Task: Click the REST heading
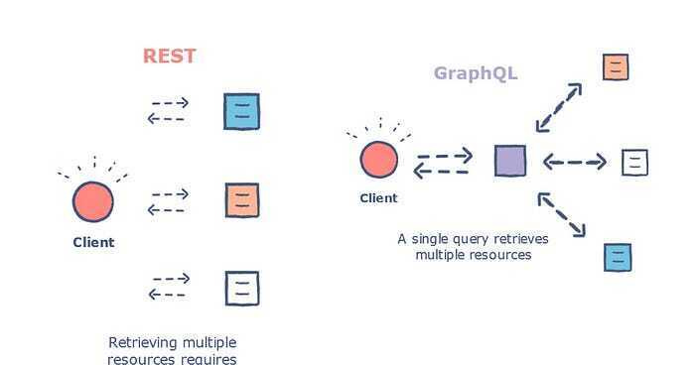pyautogui.click(x=170, y=56)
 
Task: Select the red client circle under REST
pyautogui.click(x=93, y=202)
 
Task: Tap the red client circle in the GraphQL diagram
pyautogui.click(x=378, y=160)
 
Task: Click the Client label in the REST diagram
pyautogui.click(x=93, y=242)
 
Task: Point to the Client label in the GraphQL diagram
pyautogui.click(x=378, y=197)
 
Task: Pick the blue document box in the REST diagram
pyautogui.click(x=241, y=111)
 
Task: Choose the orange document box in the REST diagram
pyautogui.click(x=241, y=199)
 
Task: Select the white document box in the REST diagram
pyautogui.click(x=241, y=288)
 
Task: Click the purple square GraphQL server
pyautogui.click(x=510, y=161)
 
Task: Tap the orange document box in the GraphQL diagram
pyautogui.click(x=616, y=67)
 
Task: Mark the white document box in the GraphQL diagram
pyautogui.click(x=634, y=162)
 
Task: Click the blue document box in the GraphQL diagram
pyautogui.click(x=618, y=257)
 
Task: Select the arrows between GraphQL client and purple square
pyautogui.click(x=443, y=164)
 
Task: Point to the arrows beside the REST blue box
pyautogui.click(x=168, y=110)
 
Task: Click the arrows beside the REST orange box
pyautogui.click(x=168, y=201)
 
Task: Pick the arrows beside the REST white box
pyautogui.click(x=168, y=287)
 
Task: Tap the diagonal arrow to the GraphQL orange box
pyautogui.click(x=559, y=106)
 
